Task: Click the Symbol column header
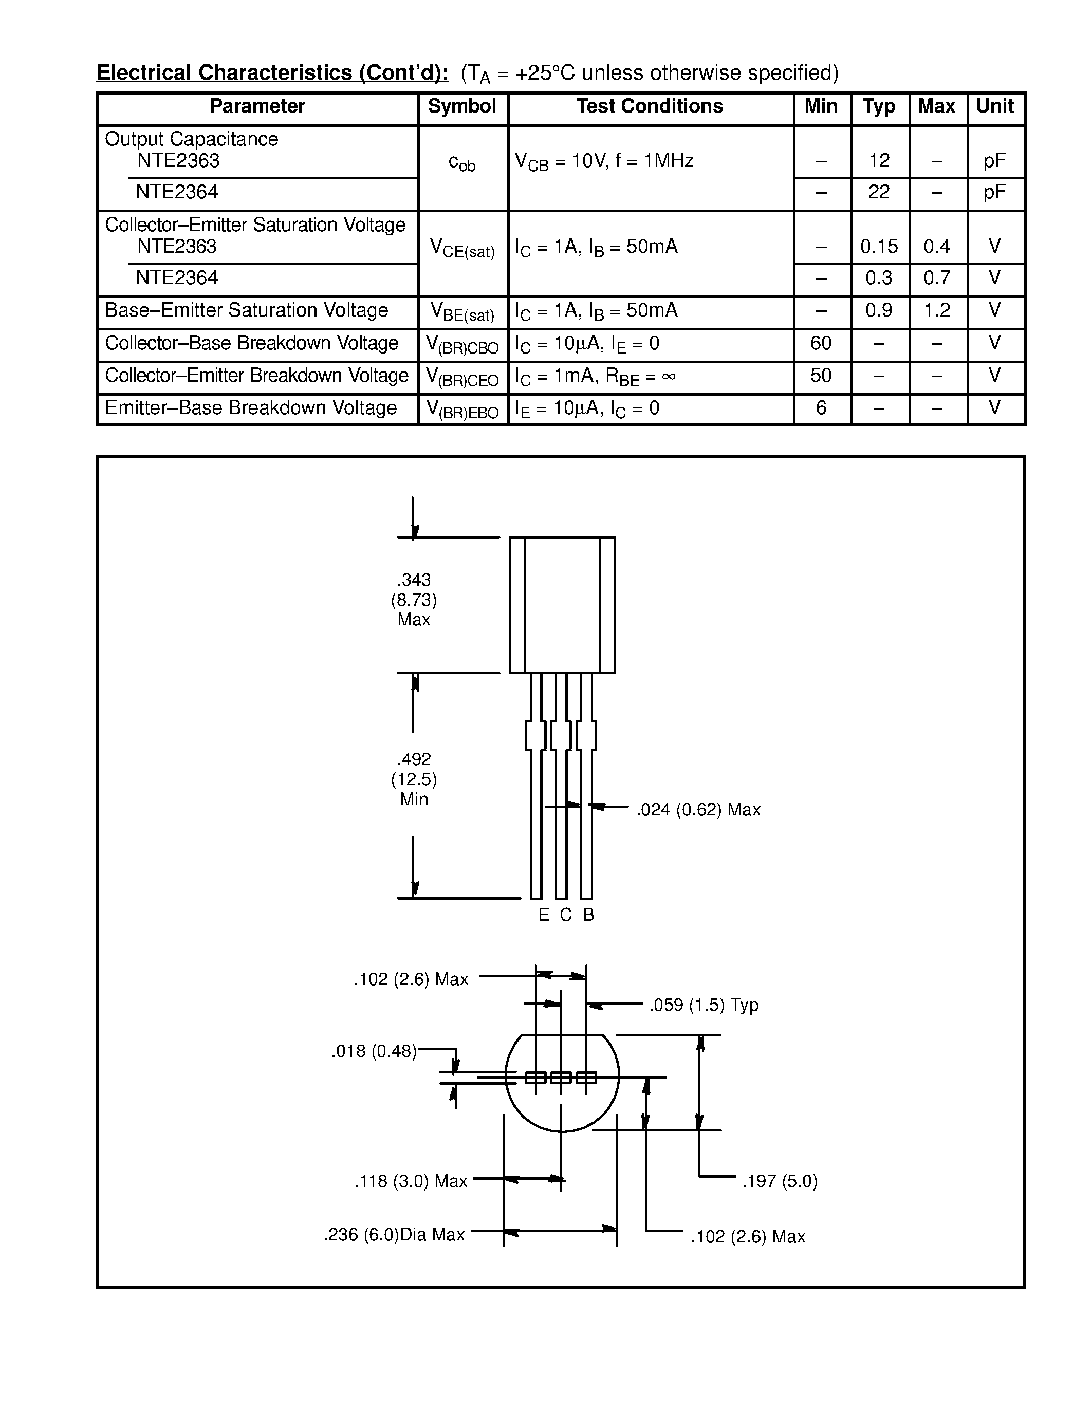[x=462, y=107]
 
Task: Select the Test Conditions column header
[x=650, y=107]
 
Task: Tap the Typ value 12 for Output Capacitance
[x=879, y=160]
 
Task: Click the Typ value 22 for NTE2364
[x=879, y=192]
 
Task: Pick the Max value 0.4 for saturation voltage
[x=937, y=247]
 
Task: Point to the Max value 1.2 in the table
[x=937, y=310]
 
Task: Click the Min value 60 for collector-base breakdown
[x=821, y=343]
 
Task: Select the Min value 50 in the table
[x=821, y=375]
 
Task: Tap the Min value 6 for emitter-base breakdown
[x=821, y=407]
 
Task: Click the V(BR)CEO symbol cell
[x=462, y=377]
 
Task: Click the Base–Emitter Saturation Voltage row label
[x=247, y=310]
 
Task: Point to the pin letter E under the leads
[x=543, y=915]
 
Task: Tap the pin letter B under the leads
[x=588, y=915]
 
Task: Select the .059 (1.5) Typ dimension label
[x=704, y=1005]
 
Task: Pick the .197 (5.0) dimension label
[x=780, y=1181]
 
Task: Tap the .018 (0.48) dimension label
[x=374, y=1051]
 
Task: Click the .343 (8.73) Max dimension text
[x=414, y=600]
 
